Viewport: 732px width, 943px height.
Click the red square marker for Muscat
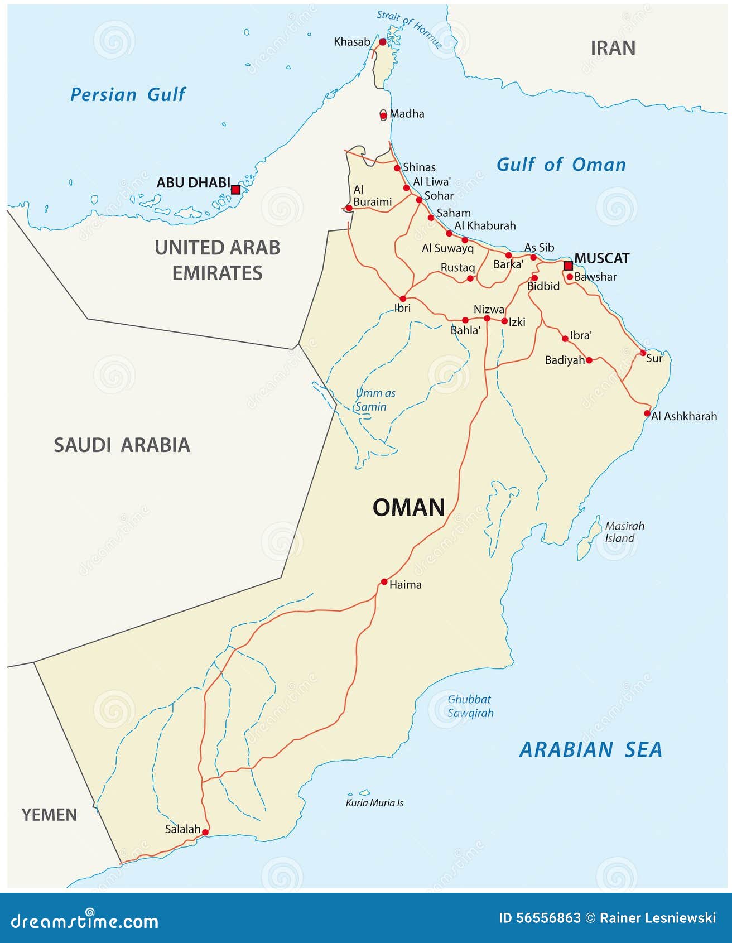click(x=568, y=266)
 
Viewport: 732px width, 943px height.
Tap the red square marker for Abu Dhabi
click(x=235, y=190)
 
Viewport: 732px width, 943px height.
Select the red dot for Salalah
click(x=205, y=833)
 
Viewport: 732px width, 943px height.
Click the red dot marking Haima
click(x=384, y=582)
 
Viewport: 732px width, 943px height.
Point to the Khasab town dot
click(x=383, y=42)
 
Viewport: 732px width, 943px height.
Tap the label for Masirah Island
click(x=624, y=532)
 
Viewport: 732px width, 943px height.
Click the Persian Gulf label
click(x=128, y=95)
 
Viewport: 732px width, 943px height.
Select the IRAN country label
click(x=613, y=49)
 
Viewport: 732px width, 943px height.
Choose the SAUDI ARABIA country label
click(x=122, y=445)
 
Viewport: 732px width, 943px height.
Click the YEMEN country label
click(x=49, y=815)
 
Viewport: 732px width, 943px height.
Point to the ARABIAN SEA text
click(x=590, y=749)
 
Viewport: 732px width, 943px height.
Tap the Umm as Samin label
click(x=375, y=400)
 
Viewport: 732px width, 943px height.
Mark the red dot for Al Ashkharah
click(x=647, y=413)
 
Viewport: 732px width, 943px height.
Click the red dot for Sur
click(x=643, y=353)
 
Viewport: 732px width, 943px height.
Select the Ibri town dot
click(x=403, y=299)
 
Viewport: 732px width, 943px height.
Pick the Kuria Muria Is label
click(x=374, y=803)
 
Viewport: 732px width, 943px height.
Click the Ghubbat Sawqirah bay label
click(x=470, y=706)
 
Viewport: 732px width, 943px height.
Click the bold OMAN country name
click(x=408, y=508)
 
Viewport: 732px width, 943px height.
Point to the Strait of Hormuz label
click(x=409, y=28)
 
